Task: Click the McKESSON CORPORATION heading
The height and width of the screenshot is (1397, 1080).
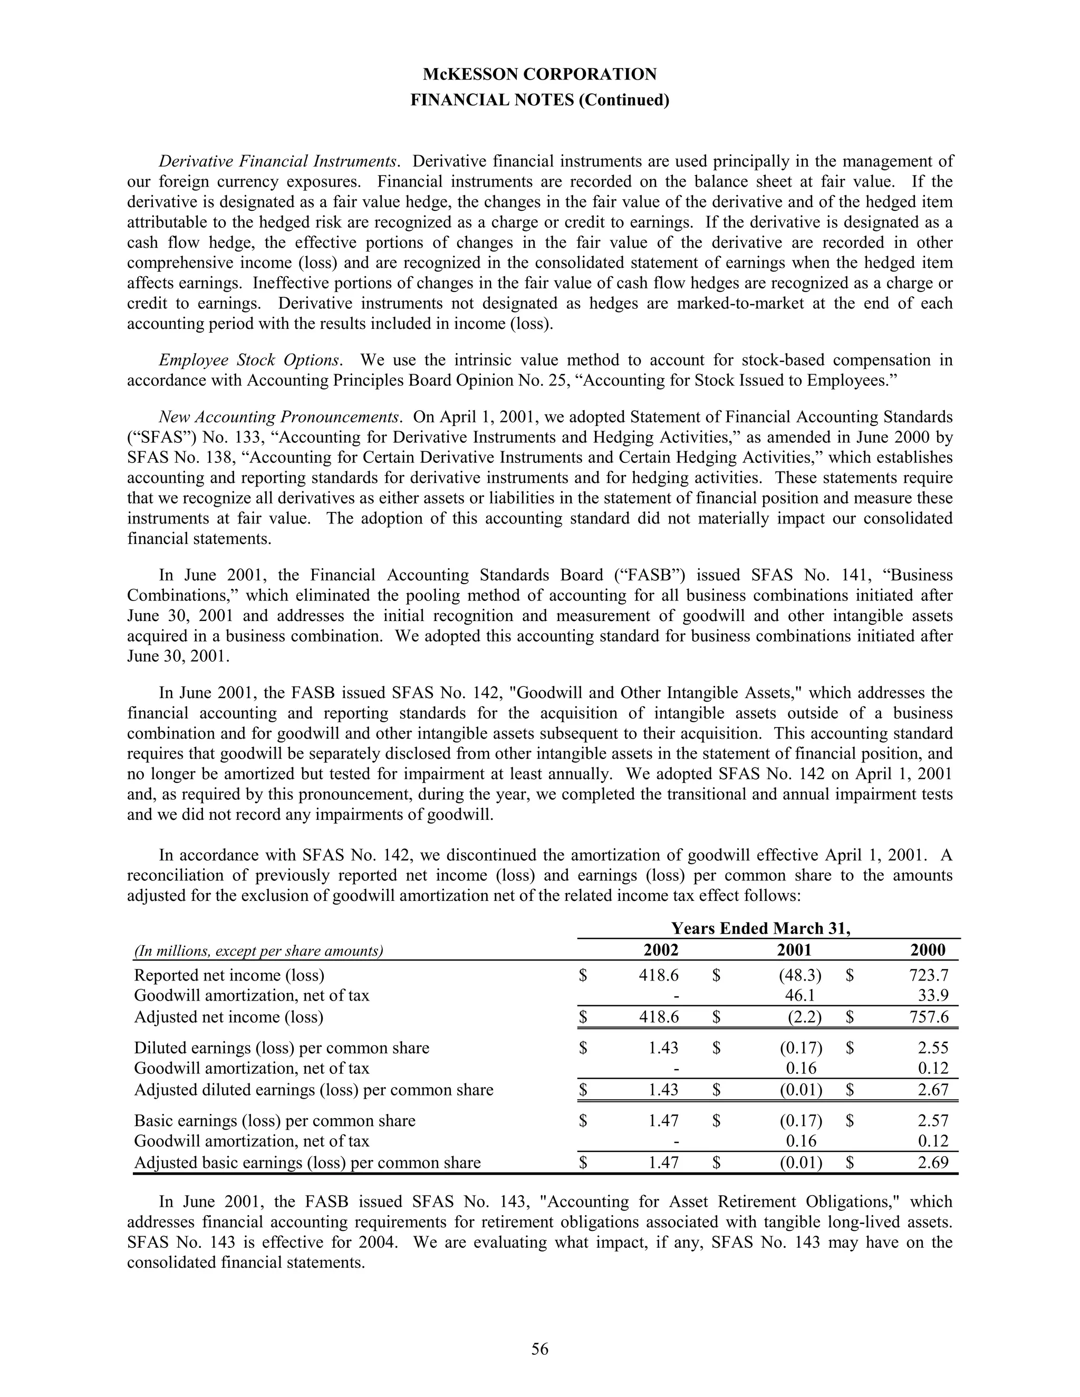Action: click(539, 75)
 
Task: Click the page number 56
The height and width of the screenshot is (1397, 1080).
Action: click(539, 1349)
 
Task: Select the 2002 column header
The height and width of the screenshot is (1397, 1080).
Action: click(660, 950)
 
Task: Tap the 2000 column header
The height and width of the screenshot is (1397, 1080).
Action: click(927, 950)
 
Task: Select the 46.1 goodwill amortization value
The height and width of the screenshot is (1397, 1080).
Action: click(801, 995)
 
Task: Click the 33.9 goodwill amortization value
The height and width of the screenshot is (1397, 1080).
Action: click(932, 995)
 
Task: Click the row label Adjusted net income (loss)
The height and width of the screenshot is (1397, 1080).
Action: click(228, 1017)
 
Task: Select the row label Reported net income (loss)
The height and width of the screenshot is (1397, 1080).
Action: click(229, 975)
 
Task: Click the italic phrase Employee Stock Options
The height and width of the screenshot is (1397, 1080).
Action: click(249, 360)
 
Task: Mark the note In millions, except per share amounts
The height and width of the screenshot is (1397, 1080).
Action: click(258, 951)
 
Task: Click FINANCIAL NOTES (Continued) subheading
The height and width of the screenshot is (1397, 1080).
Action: click(539, 100)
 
